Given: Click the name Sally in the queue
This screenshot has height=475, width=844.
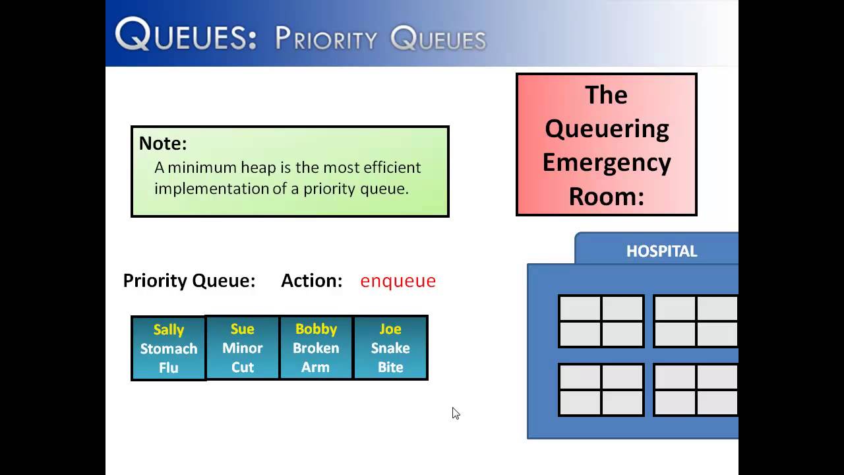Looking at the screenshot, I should pyautogui.click(x=168, y=329).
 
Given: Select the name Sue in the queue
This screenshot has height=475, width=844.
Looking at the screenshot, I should pyautogui.click(x=242, y=329).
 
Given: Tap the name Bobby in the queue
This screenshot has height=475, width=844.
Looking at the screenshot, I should pyautogui.click(x=316, y=329).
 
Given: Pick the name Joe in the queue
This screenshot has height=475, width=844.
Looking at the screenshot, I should pyautogui.click(x=390, y=329).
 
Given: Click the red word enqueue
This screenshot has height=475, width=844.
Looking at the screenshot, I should pyautogui.click(x=398, y=281).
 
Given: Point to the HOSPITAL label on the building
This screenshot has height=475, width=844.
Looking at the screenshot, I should pyautogui.click(x=661, y=251).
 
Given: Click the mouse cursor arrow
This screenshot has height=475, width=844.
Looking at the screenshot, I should pyautogui.click(x=455, y=412).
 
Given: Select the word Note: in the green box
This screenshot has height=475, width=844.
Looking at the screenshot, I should pyautogui.click(x=163, y=143).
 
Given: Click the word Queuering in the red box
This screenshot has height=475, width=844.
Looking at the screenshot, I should pyautogui.click(x=607, y=129).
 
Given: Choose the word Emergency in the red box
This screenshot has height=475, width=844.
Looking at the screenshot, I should pyautogui.click(x=607, y=162).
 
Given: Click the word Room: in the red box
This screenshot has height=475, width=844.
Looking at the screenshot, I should pyautogui.click(x=607, y=196).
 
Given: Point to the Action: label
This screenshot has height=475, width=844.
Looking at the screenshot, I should pyautogui.click(x=311, y=281).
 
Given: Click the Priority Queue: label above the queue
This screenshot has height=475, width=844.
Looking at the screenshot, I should pyautogui.click(x=189, y=281).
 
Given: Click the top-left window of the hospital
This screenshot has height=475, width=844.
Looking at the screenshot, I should pyautogui.click(x=601, y=321).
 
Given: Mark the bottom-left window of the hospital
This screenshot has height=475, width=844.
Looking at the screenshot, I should pyautogui.click(x=601, y=389).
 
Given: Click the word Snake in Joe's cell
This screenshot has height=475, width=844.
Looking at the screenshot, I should pyautogui.click(x=390, y=348).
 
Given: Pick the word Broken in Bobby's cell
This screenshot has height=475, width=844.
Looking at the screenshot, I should pyautogui.click(x=316, y=348).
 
